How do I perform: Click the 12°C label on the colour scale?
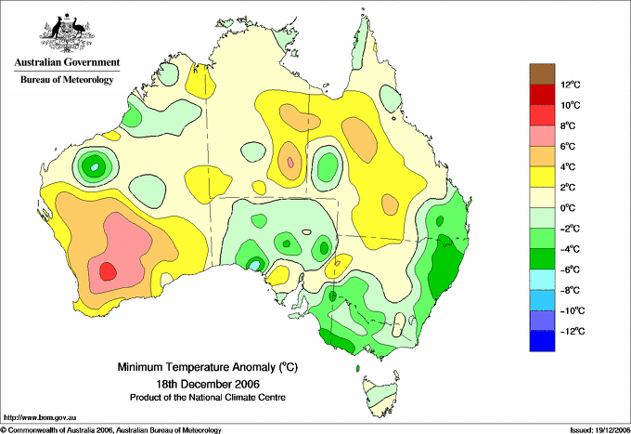[x=571, y=85]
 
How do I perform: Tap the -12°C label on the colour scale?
[x=573, y=331]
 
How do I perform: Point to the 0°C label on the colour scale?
[x=568, y=208]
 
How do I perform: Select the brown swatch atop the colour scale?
[x=542, y=74]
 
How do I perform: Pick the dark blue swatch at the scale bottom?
[x=542, y=341]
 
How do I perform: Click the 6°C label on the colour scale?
[x=568, y=146]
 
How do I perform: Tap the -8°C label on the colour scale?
[x=571, y=290]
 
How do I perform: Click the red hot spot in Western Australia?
[x=108, y=271]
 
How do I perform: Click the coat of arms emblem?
[x=67, y=33]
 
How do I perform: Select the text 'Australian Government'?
[x=67, y=62]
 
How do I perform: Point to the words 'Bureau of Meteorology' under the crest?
[x=67, y=79]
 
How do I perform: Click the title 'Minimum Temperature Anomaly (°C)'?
[x=207, y=367]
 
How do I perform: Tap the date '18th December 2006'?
[x=208, y=383]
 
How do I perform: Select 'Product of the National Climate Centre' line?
[x=208, y=398]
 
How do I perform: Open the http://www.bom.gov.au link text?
[x=39, y=418]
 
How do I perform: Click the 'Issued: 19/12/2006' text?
[x=599, y=430]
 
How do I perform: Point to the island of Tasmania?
[x=380, y=396]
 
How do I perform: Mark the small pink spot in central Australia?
[x=290, y=163]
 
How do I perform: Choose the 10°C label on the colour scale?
[x=571, y=105]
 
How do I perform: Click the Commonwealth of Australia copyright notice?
[x=111, y=430]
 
